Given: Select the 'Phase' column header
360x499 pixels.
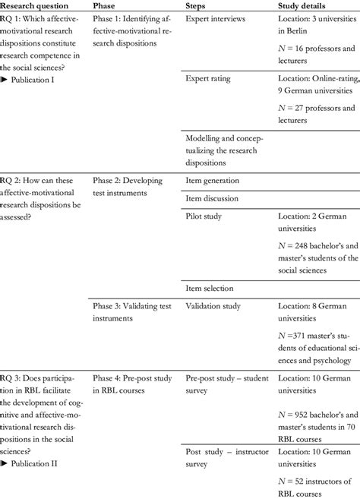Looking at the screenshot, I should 105,5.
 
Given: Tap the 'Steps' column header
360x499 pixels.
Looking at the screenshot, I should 200,5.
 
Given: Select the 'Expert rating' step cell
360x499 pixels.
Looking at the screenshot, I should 209,78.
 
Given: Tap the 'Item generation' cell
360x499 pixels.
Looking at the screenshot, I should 213,181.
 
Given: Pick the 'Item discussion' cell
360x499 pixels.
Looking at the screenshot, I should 212,198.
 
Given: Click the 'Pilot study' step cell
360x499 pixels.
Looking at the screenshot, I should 205,216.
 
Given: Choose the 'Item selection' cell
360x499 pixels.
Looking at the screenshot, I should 210,288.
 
